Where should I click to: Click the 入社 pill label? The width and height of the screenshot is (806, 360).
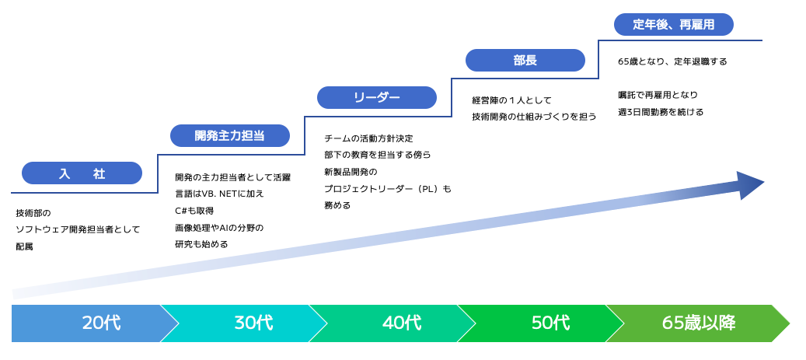pyautogui.click(x=82, y=173)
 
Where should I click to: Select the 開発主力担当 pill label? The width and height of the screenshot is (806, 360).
pyautogui.click(x=230, y=136)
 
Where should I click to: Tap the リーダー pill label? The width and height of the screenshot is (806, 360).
pyautogui.click(x=377, y=98)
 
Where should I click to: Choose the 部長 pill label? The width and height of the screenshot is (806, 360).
pyautogui.click(x=525, y=60)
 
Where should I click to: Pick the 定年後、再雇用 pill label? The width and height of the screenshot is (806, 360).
pyautogui.click(x=674, y=24)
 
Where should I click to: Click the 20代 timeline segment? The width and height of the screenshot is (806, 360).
pyautogui.click(x=95, y=323)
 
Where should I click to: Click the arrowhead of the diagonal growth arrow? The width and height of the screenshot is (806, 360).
pyautogui.click(x=752, y=185)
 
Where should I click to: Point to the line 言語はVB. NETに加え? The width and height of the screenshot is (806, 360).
pyautogui.click(x=219, y=194)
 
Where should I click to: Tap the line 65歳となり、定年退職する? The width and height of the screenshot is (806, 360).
pyautogui.click(x=672, y=61)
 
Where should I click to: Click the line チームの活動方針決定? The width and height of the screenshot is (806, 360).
pyautogui.click(x=368, y=138)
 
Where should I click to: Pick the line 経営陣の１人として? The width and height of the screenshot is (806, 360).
pyautogui.click(x=511, y=100)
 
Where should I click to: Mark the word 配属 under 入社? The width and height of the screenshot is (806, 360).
pyautogui.click(x=24, y=246)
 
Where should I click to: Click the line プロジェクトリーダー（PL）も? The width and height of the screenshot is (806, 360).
pyautogui.click(x=388, y=189)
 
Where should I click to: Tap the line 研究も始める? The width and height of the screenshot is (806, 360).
pyautogui.click(x=201, y=244)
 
